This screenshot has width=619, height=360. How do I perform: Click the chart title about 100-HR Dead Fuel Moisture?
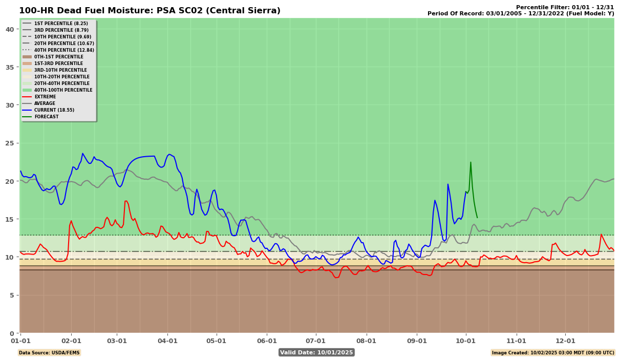point(150,11)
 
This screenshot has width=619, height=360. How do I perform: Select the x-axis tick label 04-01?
point(167,341)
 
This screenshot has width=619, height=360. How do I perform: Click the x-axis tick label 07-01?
point(315,341)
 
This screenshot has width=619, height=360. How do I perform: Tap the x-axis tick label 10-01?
point(465,341)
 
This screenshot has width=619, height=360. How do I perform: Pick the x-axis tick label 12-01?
point(565,341)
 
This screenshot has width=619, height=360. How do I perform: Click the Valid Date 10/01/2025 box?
point(316,352)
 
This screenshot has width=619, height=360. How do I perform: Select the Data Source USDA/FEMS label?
point(50,353)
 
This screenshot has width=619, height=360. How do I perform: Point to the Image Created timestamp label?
point(553,353)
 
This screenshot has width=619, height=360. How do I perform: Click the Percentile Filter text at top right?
point(565,7)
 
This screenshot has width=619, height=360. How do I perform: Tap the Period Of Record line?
point(521,13)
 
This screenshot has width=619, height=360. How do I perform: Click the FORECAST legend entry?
point(46,117)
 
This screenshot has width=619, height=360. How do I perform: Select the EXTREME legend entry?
point(45,97)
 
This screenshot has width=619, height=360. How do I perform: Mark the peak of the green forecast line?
point(471,162)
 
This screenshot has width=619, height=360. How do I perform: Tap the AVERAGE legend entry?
point(45,103)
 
